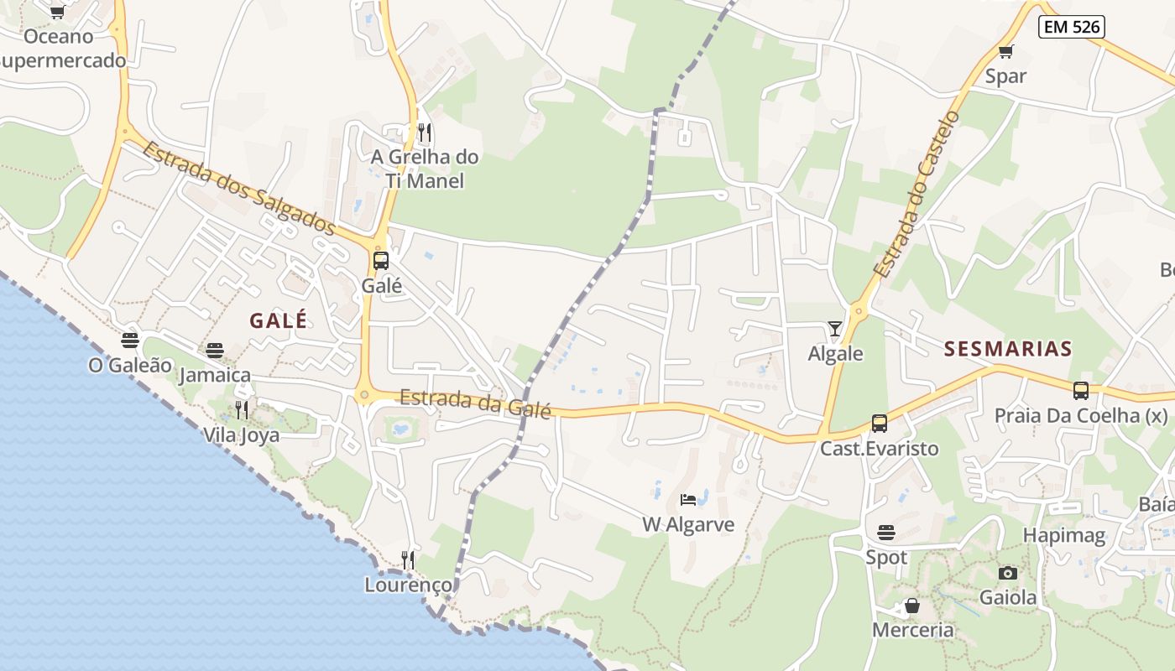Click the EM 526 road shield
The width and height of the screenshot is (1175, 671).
1071,27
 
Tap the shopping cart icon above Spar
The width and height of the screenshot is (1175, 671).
1006,51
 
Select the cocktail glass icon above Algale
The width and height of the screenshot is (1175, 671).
834,328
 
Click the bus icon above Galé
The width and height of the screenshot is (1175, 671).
381,260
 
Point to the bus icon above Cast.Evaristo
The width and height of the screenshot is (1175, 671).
880,424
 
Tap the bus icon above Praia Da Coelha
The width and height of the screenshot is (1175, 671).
1081,390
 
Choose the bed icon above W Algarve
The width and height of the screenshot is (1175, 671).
688,500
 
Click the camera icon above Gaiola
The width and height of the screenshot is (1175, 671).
1008,573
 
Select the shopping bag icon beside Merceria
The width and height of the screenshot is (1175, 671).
912,605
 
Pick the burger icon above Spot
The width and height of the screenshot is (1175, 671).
886,533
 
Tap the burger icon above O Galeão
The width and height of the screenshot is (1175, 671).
130,340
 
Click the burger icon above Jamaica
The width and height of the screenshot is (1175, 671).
215,350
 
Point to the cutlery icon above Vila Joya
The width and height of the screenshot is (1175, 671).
242,410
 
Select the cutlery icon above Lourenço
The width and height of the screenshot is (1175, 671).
408,559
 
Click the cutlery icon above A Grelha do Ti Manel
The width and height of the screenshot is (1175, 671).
425,133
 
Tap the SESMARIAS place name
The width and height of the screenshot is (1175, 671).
1008,349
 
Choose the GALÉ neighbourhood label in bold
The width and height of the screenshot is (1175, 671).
279,320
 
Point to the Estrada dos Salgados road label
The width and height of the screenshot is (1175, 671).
239,190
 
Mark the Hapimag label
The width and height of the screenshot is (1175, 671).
1064,536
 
